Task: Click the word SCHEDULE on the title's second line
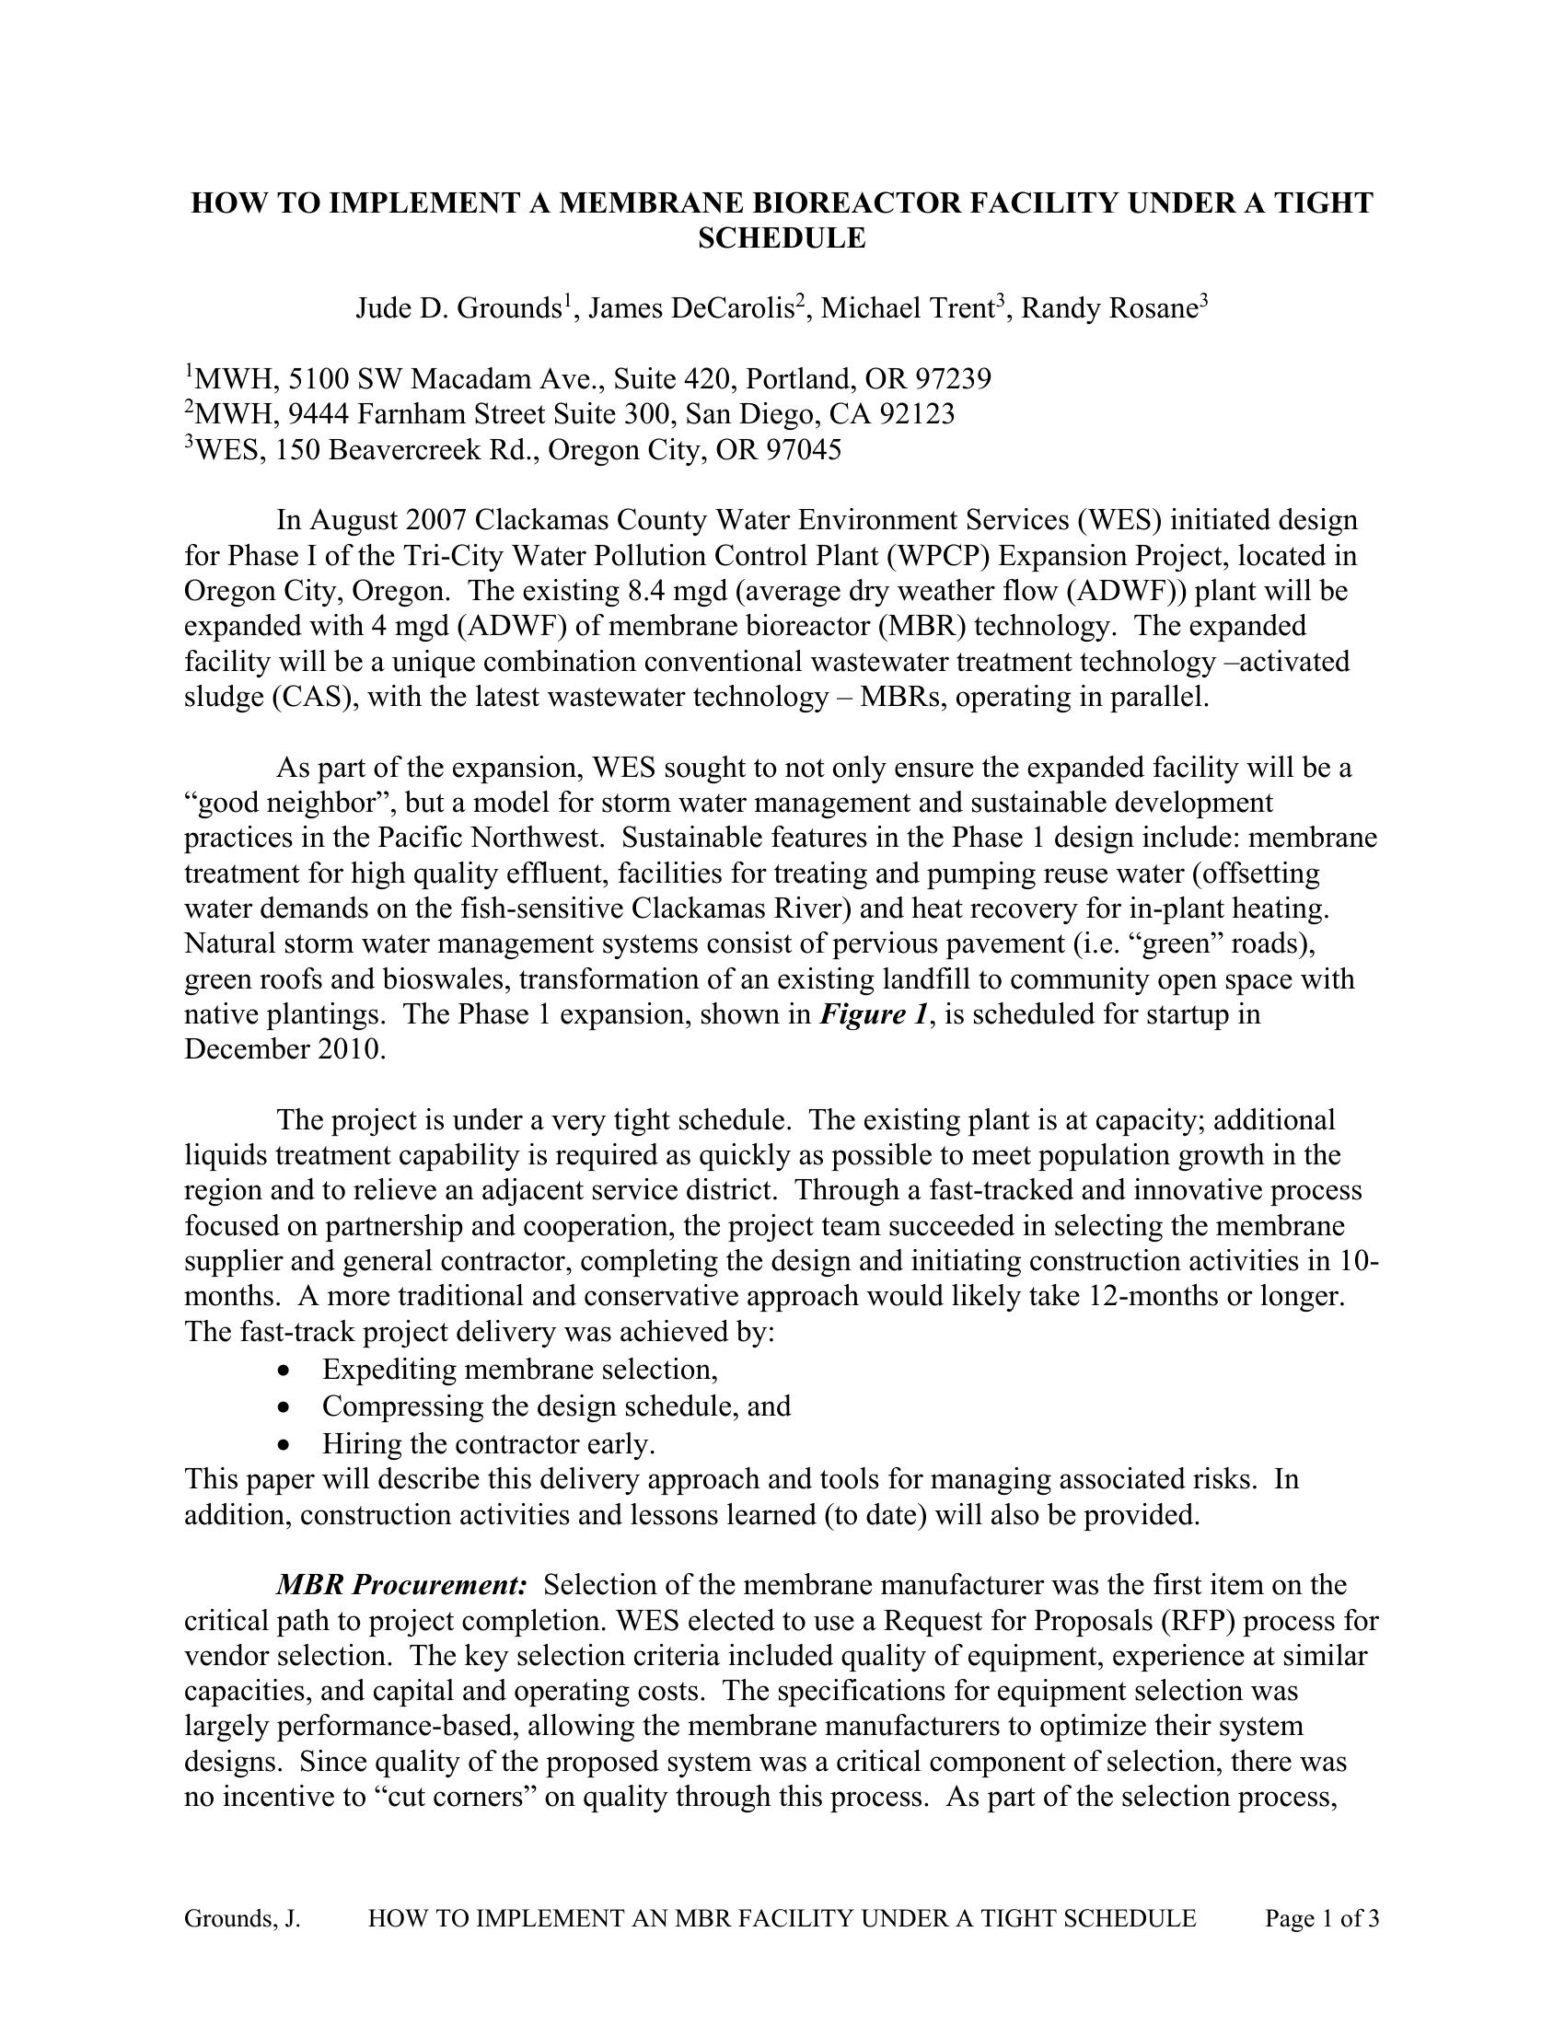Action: point(782,238)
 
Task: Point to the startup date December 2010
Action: point(284,1049)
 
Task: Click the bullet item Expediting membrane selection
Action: point(520,1370)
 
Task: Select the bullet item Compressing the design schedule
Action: point(556,1406)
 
